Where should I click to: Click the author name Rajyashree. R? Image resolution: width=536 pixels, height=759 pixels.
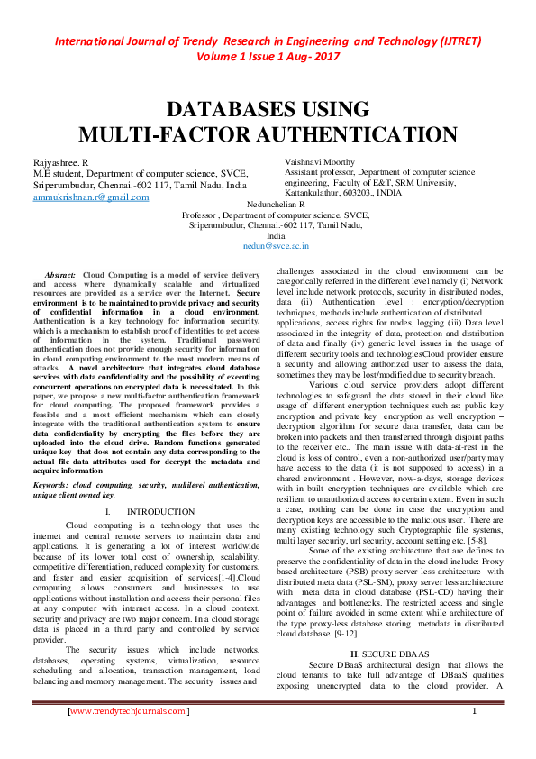[x=60, y=160]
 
